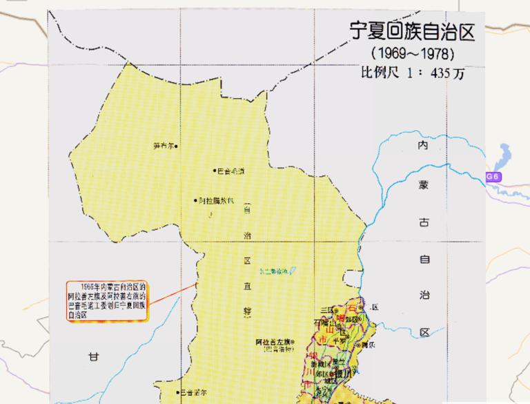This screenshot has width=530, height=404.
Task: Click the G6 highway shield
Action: coord(493,177)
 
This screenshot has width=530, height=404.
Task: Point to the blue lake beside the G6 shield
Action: coord(503,157)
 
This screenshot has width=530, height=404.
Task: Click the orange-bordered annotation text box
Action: coord(108,299)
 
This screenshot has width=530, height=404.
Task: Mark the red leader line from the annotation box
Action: coord(172,293)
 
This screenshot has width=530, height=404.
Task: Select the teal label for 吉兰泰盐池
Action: coord(273,271)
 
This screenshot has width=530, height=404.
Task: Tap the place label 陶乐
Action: coord(371,343)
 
